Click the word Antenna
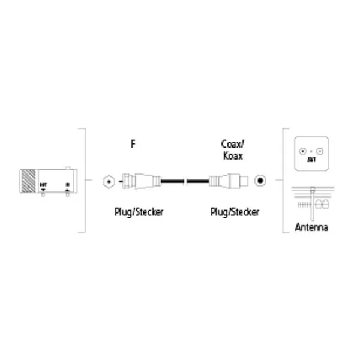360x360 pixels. pos(312,228)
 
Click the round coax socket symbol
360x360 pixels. pos(260,179)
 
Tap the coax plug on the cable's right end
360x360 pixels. pos(226,179)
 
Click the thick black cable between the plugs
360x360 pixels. pos(174,179)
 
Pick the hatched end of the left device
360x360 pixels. pos(26,179)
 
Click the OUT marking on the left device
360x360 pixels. pos(43,184)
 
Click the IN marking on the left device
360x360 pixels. pos(67,184)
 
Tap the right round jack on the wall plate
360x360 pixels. pos(320,152)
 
